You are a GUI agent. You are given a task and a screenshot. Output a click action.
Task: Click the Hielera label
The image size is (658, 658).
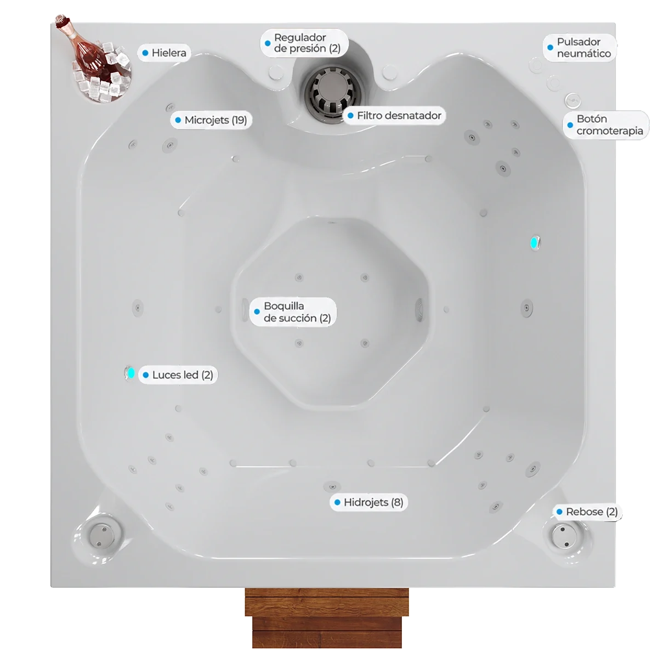164,53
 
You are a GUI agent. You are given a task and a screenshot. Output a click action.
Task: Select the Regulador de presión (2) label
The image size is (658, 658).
304,43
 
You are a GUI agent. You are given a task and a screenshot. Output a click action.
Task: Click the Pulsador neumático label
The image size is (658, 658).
580,48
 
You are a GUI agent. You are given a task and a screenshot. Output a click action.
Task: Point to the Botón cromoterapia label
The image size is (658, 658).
606,125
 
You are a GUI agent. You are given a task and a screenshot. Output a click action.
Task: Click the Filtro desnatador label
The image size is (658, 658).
395,116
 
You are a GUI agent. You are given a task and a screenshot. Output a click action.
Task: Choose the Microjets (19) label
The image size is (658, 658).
211,120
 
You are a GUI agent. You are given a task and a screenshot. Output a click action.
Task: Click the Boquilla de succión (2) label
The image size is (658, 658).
293,312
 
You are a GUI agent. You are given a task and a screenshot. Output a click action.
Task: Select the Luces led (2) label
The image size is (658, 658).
178,375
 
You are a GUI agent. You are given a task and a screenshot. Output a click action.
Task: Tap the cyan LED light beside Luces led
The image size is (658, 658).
131,373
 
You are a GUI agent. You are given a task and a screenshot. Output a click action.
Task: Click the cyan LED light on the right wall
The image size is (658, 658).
534,243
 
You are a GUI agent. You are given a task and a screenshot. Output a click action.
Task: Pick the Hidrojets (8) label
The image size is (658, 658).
369,502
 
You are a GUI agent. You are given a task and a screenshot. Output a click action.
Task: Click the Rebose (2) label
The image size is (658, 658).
587,512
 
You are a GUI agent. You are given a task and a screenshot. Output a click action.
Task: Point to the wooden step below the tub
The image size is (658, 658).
327,617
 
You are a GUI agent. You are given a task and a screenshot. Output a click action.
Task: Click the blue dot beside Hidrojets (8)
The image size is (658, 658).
337,502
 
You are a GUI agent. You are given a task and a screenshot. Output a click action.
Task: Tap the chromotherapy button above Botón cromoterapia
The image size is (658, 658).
572,100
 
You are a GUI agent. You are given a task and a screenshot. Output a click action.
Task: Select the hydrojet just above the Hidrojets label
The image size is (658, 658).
332,486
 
